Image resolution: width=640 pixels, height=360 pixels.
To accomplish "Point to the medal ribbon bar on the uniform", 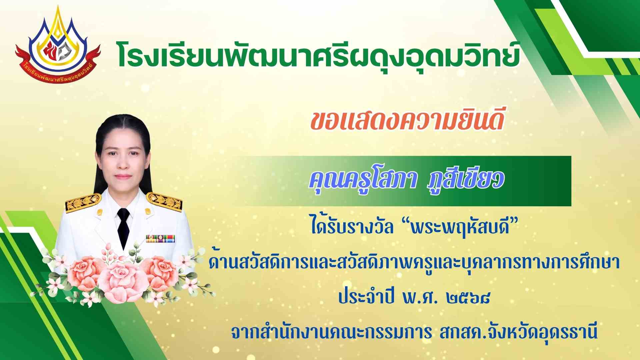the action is (x=160, y=239).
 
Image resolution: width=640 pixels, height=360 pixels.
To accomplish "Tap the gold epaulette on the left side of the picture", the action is (x=83, y=202).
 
